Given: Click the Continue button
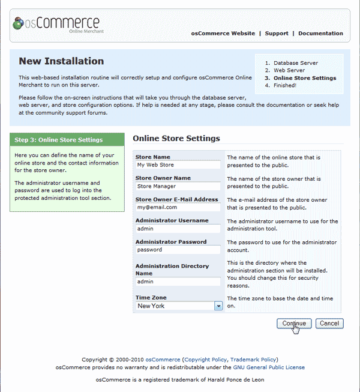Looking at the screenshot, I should [294, 324].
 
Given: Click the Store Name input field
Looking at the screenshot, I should [178, 165].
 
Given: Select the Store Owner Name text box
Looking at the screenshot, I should [178, 186].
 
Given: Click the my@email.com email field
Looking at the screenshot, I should [178, 207].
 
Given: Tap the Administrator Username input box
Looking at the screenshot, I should [178, 229].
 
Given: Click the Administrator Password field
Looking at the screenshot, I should [178, 250].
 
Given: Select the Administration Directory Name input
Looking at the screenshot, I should [178, 282].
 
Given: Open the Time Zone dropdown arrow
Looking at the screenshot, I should [218, 306].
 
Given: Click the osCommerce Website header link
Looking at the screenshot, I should [223, 34].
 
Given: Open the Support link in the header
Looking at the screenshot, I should [277, 34].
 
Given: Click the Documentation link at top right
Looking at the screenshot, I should [320, 34].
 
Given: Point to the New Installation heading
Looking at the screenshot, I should [61, 61].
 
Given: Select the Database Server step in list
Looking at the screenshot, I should [296, 63].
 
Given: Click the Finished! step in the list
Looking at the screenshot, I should [285, 85].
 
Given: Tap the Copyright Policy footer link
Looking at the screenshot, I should [205, 360].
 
